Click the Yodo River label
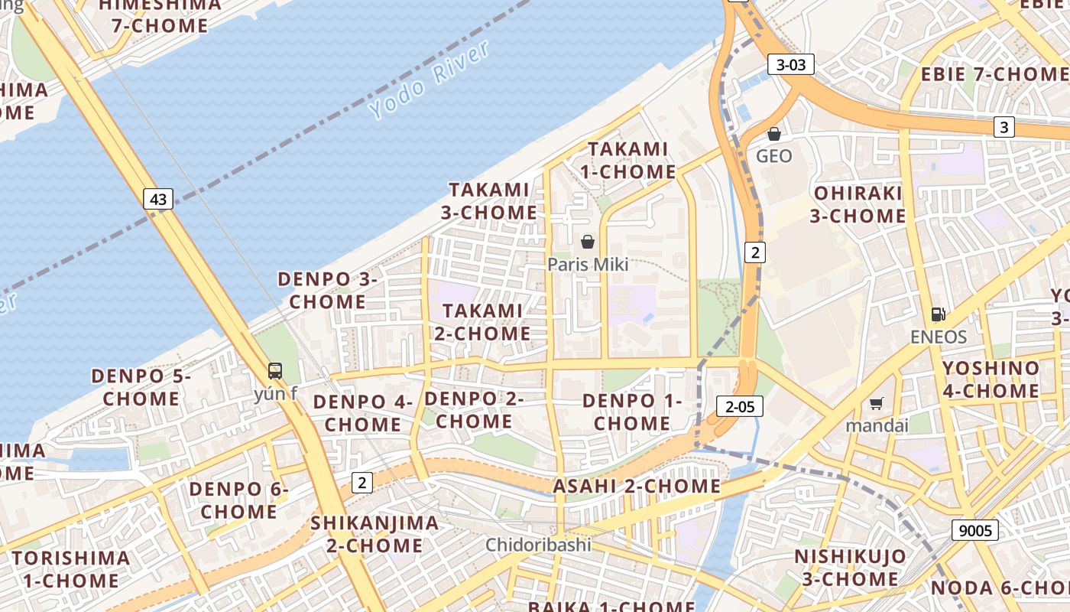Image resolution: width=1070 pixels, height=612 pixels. (x=429, y=80)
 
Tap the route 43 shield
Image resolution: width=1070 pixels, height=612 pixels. (x=158, y=200)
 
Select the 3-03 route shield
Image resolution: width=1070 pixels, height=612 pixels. (x=791, y=65)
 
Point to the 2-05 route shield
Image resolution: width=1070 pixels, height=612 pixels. (x=740, y=407)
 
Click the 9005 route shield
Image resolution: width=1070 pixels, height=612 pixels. (x=975, y=530)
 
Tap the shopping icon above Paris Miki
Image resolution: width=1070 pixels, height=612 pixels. (x=588, y=243)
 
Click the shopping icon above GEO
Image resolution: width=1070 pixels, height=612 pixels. (x=774, y=135)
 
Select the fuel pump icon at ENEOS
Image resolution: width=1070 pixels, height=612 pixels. (x=939, y=314)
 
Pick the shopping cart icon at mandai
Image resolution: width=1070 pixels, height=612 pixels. (x=877, y=403)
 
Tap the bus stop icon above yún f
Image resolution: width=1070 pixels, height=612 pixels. (x=275, y=372)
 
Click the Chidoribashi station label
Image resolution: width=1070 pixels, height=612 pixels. (x=539, y=545)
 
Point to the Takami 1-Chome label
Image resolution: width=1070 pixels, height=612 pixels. (x=627, y=160)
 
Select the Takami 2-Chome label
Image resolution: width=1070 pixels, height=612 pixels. (x=483, y=322)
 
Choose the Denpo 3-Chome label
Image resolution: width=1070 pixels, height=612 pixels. (x=327, y=290)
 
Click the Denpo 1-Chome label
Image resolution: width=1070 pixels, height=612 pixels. (x=632, y=412)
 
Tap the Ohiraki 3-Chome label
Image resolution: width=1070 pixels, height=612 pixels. (x=858, y=204)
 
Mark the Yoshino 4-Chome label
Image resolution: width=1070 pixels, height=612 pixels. (x=991, y=379)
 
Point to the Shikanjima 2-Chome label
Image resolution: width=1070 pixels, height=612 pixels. (x=374, y=534)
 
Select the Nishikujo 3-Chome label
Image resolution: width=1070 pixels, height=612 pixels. (x=850, y=567)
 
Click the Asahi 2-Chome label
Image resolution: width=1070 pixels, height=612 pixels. (x=637, y=487)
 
